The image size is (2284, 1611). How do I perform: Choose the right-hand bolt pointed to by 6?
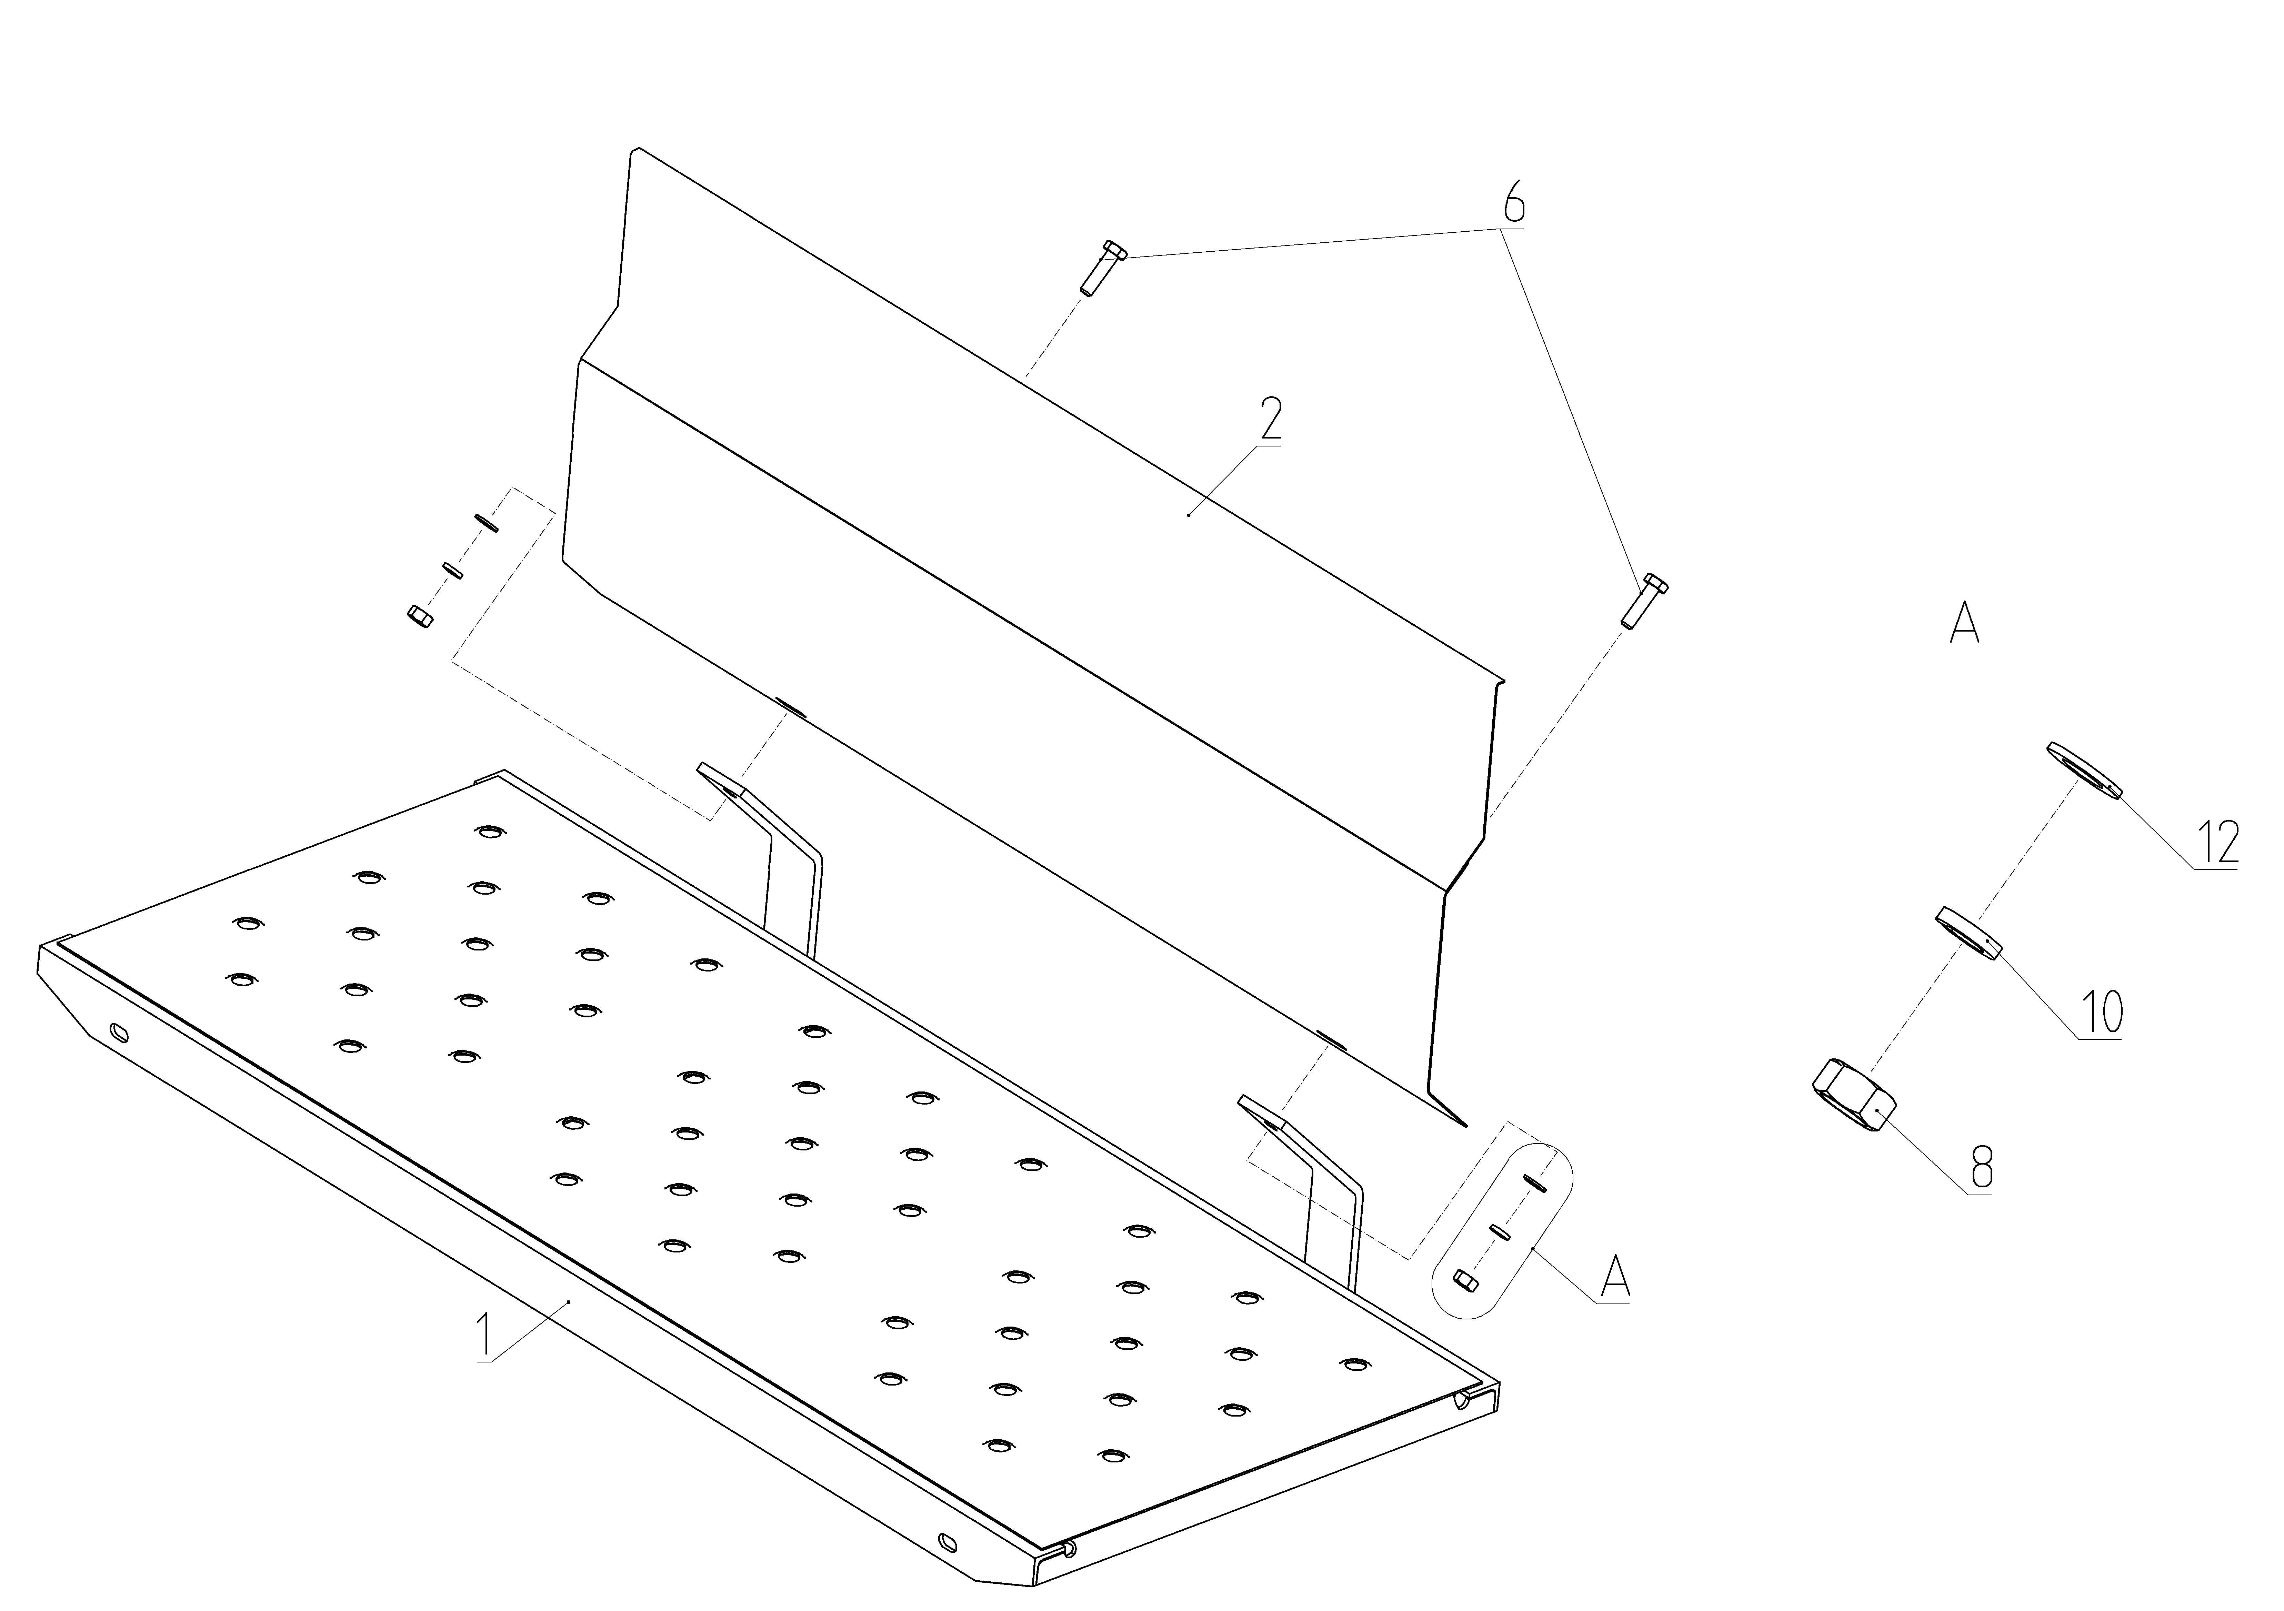tap(1643, 600)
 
